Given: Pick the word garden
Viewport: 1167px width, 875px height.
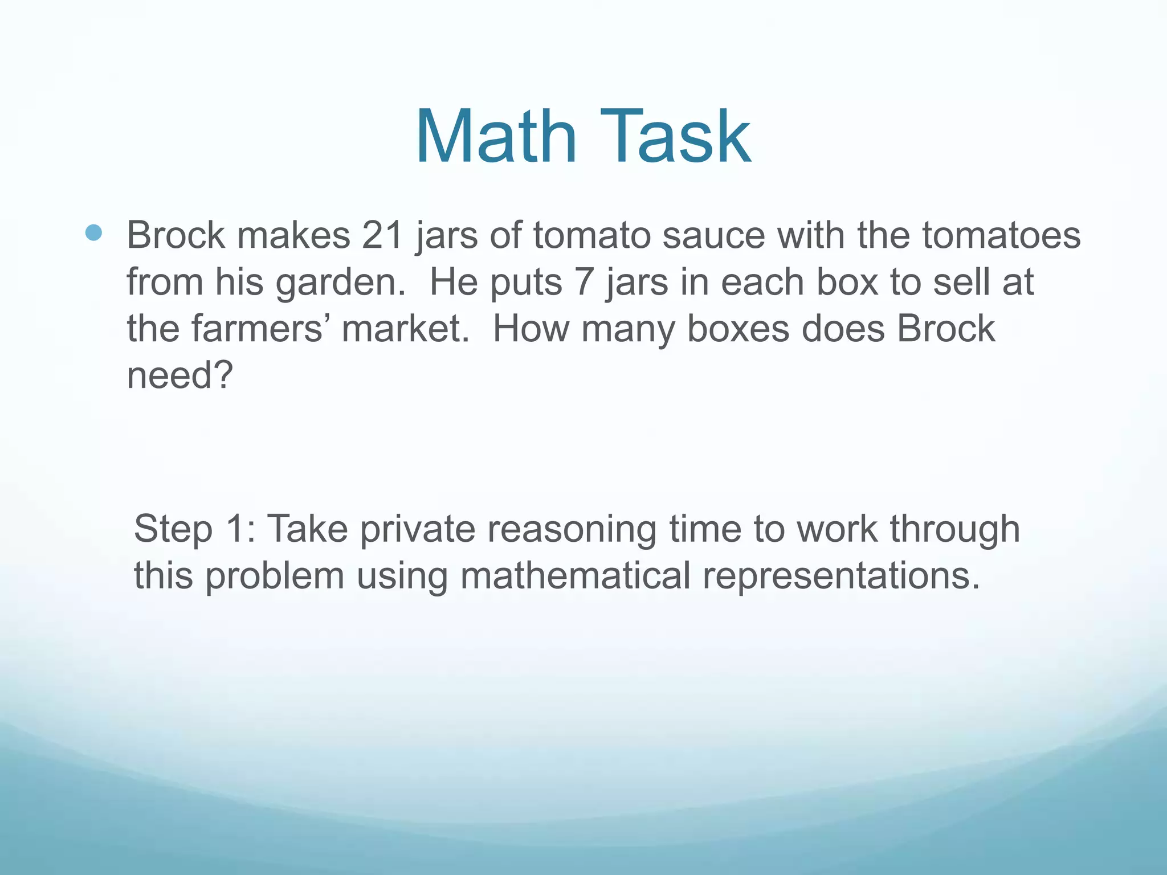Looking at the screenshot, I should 340,283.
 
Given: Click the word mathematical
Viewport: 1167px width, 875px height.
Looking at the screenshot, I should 576,575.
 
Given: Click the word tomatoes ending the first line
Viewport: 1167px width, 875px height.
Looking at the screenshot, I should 1001,235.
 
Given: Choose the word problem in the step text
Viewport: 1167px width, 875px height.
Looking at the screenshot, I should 275,576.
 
